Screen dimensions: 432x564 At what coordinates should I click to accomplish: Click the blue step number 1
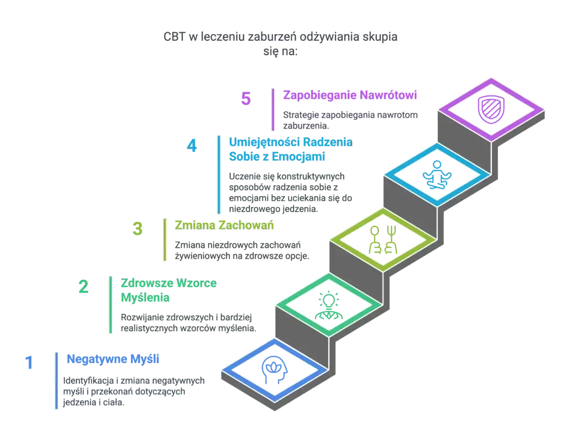tap(29, 363)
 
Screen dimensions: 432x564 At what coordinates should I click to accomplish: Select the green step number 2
tap(83, 287)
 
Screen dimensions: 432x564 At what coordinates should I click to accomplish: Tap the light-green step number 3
tap(138, 229)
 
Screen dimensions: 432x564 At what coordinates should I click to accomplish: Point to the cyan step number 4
tap(192, 147)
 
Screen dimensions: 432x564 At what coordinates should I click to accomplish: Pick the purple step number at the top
tap(246, 99)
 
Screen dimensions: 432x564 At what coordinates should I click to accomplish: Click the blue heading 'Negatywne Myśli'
tap(113, 359)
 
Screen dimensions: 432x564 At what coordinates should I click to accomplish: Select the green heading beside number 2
tap(169, 291)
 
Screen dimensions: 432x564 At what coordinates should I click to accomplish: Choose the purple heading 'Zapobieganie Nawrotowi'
tap(350, 94)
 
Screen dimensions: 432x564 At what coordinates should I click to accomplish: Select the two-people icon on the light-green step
tap(383, 239)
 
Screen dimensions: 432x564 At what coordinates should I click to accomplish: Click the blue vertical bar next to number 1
tap(56, 380)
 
